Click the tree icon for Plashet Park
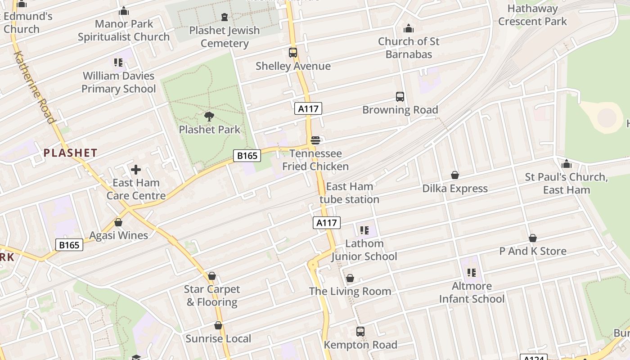[x=209, y=117]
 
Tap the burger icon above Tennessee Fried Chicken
[x=315, y=140]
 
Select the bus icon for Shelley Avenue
[x=293, y=53]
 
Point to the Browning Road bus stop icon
[x=400, y=97]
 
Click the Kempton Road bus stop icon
[x=360, y=332]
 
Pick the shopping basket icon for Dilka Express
[x=454, y=175]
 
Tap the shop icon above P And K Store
[x=532, y=238]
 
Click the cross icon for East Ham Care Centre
[x=135, y=170]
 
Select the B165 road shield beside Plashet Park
[x=247, y=156]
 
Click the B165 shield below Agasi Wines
[x=69, y=245]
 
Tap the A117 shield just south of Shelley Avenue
[x=308, y=108]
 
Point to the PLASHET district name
[x=71, y=153]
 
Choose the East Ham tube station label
[x=349, y=193]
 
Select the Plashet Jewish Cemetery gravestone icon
[x=224, y=17]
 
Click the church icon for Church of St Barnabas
[x=408, y=28]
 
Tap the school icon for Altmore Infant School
[x=471, y=272]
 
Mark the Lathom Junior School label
[x=364, y=250]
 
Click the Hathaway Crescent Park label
[x=532, y=15]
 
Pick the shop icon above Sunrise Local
[x=218, y=325]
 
